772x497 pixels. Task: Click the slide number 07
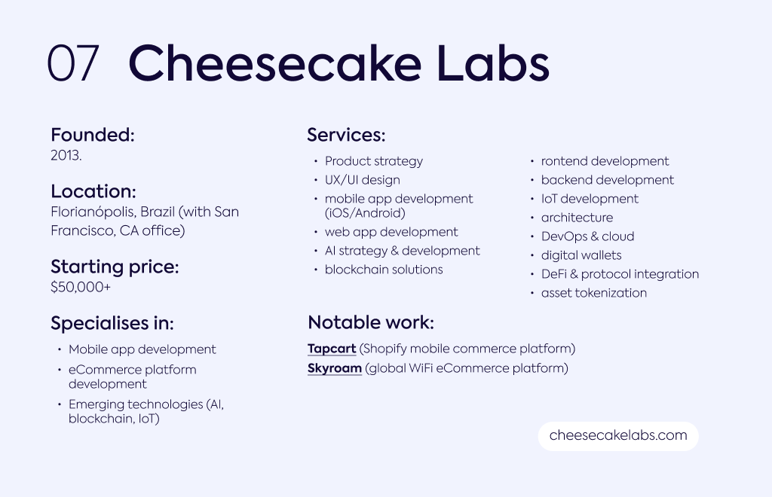coord(73,63)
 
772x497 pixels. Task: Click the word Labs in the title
coord(493,63)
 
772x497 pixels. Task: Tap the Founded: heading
coord(93,135)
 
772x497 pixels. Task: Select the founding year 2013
coord(66,155)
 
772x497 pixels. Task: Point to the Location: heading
coord(93,191)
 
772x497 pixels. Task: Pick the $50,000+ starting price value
coord(81,287)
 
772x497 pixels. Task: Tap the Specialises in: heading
coord(112,323)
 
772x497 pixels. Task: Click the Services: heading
coord(346,135)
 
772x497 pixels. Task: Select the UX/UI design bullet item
coord(363,181)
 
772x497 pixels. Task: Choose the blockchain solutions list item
coord(384,270)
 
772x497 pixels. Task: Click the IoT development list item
coord(590,199)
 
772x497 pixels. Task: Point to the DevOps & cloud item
coord(587,236)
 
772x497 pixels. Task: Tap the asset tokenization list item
coord(594,293)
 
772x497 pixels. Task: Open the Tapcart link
coord(332,349)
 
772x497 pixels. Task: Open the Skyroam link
coord(335,369)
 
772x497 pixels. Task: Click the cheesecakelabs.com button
coord(618,435)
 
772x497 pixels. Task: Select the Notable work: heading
coord(371,322)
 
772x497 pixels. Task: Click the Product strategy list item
coord(374,162)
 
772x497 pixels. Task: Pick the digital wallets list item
coord(581,255)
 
